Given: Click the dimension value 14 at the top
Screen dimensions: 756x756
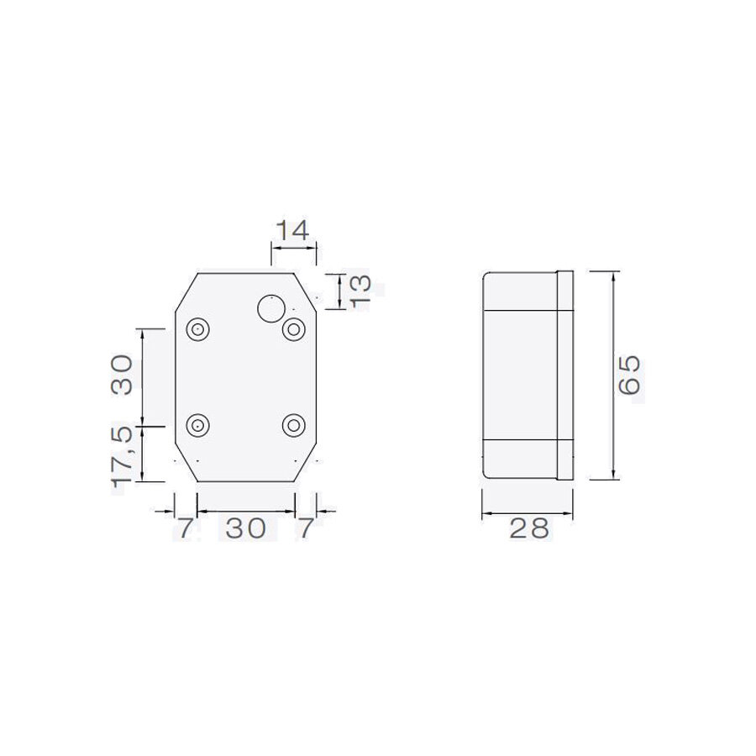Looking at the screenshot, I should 293,229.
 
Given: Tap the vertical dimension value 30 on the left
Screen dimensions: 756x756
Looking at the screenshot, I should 122,375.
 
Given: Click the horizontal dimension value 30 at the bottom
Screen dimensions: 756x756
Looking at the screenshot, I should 245,528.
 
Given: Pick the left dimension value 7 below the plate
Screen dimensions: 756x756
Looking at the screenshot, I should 184,528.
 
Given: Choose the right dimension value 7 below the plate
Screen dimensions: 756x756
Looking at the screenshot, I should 306,528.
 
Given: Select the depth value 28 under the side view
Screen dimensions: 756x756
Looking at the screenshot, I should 528,528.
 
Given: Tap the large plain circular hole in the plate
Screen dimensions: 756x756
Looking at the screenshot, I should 270,309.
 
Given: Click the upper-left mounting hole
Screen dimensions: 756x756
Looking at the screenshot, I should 199,329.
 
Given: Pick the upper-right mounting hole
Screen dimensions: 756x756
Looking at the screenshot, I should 293,329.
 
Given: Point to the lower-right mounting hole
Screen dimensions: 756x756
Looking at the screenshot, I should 293,426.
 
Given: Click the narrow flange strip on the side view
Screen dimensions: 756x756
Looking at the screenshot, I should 564,375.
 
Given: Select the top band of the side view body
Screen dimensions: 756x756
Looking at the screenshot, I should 518,291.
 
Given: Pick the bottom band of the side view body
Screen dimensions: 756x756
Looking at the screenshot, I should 518,459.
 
